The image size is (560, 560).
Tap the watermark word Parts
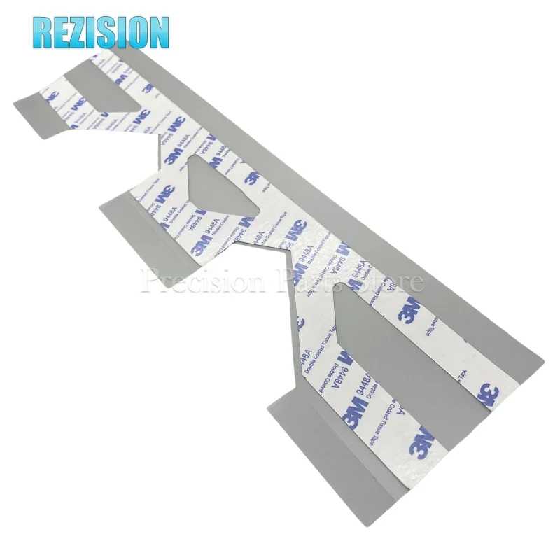tap(304, 281)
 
